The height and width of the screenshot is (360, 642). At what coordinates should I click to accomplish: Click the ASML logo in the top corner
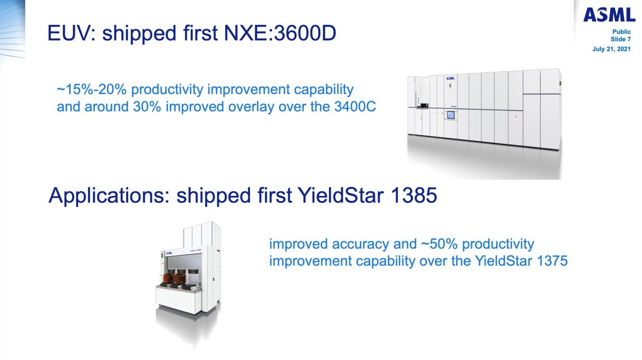[609, 15]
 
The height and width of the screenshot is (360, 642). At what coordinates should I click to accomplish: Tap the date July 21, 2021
[611, 49]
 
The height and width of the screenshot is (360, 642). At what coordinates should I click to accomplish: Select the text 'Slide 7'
[620, 39]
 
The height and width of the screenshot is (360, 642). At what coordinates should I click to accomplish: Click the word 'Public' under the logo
[621, 32]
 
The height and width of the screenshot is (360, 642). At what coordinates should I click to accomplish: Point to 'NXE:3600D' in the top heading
[280, 33]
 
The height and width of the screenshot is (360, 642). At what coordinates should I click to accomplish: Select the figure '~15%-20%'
[92, 89]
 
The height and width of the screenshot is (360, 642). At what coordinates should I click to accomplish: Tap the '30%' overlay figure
[147, 107]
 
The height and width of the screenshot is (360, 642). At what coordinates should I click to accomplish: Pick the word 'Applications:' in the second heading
[109, 196]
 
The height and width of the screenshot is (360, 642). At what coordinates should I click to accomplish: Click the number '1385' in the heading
[414, 195]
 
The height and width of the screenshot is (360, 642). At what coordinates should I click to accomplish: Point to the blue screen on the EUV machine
[450, 115]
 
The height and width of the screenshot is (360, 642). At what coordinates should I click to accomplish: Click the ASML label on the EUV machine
[450, 78]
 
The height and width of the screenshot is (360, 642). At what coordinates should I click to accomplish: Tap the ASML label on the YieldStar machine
[169, 253]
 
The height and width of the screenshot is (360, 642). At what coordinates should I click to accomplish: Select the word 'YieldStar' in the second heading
[340, 195]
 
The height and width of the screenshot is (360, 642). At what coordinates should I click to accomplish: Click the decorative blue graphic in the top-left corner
[13, 30]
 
